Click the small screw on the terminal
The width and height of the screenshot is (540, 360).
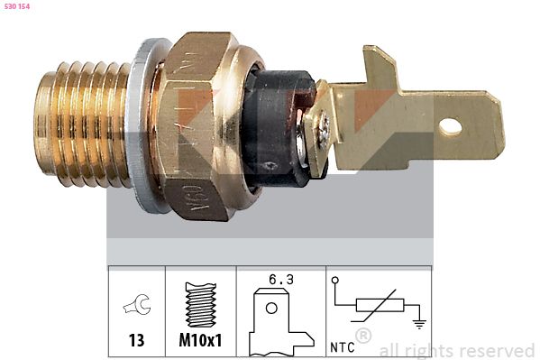coord(322,126)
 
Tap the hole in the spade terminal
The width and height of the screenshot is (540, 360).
coord(451,127)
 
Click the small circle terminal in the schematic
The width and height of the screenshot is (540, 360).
coord(335,281)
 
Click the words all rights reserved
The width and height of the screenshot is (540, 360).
coord(456,350)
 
